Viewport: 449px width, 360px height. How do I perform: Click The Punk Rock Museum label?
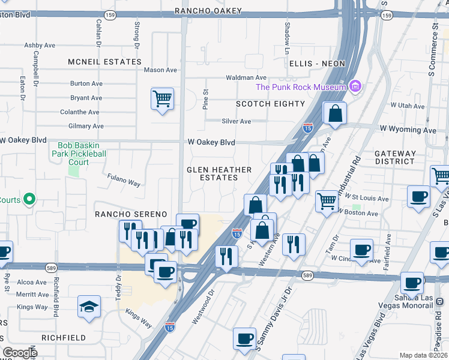301,87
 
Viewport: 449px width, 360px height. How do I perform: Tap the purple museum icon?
356,87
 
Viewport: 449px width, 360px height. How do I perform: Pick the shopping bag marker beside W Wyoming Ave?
335,113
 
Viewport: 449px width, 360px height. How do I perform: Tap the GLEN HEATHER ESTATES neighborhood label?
212,173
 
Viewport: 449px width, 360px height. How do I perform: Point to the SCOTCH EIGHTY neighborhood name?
270,104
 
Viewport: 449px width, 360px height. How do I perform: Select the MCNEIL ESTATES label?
104,62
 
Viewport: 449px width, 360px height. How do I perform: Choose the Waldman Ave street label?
246,78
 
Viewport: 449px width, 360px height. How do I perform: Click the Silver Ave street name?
237,121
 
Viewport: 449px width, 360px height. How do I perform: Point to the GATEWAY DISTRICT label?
394,157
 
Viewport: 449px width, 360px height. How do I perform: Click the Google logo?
20,353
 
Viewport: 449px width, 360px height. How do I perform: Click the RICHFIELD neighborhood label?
63,338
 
